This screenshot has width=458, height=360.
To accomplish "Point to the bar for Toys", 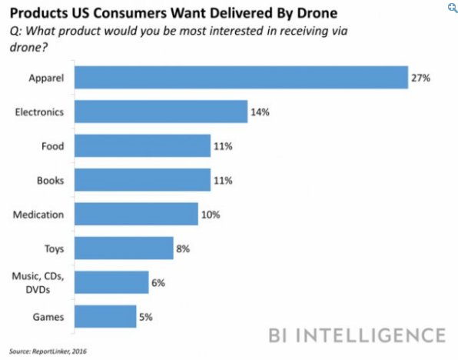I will click(x=124, y=248).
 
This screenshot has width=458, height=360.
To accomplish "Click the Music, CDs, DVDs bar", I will click(x=111, y=282).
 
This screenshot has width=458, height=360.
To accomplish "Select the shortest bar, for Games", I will click(x=105, y=316).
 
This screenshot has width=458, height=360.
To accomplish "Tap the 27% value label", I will click(x=420, y=78).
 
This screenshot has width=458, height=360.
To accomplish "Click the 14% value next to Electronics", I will click(x=260, y=112).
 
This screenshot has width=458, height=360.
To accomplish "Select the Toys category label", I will click(x=54, y=248).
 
